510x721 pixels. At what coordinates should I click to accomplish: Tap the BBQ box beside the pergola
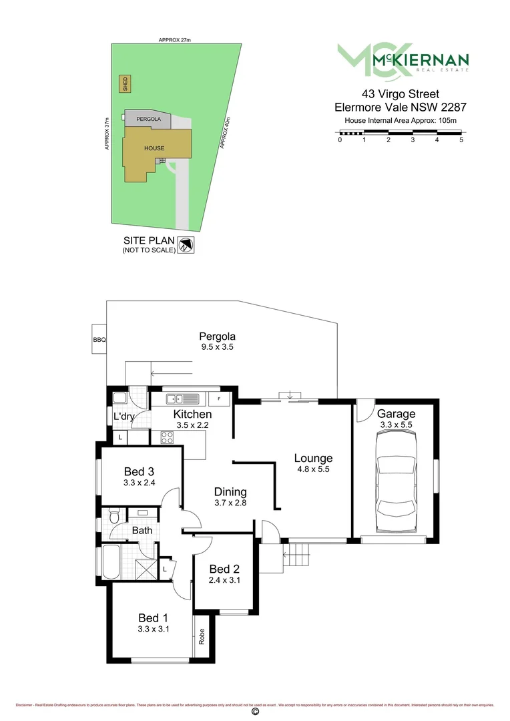(x=99, y=340)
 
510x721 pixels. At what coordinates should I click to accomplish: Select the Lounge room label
(x=313, y=459)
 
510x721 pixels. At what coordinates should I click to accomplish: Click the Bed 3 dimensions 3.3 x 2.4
(x=140, y=483)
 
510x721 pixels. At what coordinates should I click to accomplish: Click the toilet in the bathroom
(x=114, y=517)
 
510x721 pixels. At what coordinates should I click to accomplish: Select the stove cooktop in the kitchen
(x=166, y=438)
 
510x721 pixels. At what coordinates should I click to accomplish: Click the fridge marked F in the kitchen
(x=219, y=399)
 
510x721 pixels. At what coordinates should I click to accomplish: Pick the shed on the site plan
(x=124, y=84)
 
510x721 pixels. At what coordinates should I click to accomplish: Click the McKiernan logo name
(x=421, y=59)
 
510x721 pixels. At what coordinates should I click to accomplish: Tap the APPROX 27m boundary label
(x=175, y=41)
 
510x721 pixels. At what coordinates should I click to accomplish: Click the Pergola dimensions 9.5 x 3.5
(x=218, y=347)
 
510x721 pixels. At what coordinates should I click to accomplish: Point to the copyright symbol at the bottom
(x=254, y=713)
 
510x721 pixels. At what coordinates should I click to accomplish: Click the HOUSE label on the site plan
(x=154, y=148)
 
